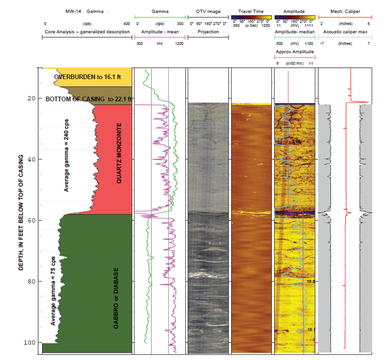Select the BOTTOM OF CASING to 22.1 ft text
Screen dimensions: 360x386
(89, 99)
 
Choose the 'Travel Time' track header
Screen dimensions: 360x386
(251, 11)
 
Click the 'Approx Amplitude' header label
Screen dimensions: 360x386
(294, 52)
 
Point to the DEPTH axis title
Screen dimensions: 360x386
(21, 208)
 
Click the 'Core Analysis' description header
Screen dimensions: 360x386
(87, 32)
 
